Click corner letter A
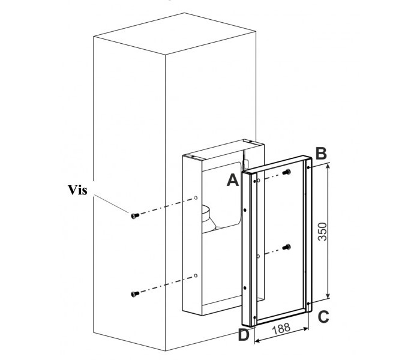coord(234,180)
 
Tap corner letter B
coord(321,153)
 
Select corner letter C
coord(323,316)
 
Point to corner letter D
coord(244,335)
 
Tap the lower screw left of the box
coord(135,293)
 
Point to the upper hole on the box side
coord(196,197)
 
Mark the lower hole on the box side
coord(195,275)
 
